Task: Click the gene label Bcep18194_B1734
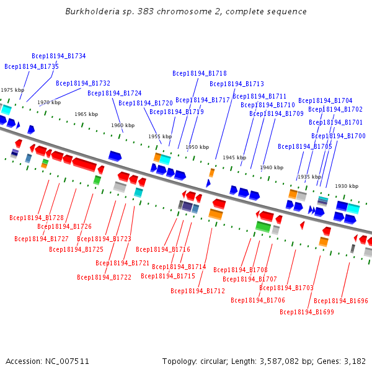click(x=59, y=56)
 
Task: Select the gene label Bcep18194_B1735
click(x=32, y=66)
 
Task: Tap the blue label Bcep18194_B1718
click(x=200, y=73)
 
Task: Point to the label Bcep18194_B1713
click(x=237, y=84)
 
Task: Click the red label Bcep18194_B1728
click(x=37, y=218)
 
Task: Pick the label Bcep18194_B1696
click(x=341, y=301)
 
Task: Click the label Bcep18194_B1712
click(x=198, y=291)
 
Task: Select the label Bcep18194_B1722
click(x=105, y=277)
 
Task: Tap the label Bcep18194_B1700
click(x=339, y=136)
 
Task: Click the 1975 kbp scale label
click(x=12, y=90)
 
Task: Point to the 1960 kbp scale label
click(x=123, y=125)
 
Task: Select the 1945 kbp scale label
click(x=234, y=157)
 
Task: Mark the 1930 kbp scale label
click(x=347, y=186)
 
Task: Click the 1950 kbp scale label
click(x=197, y=147)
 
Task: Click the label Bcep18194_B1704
click(x=325, y=100)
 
